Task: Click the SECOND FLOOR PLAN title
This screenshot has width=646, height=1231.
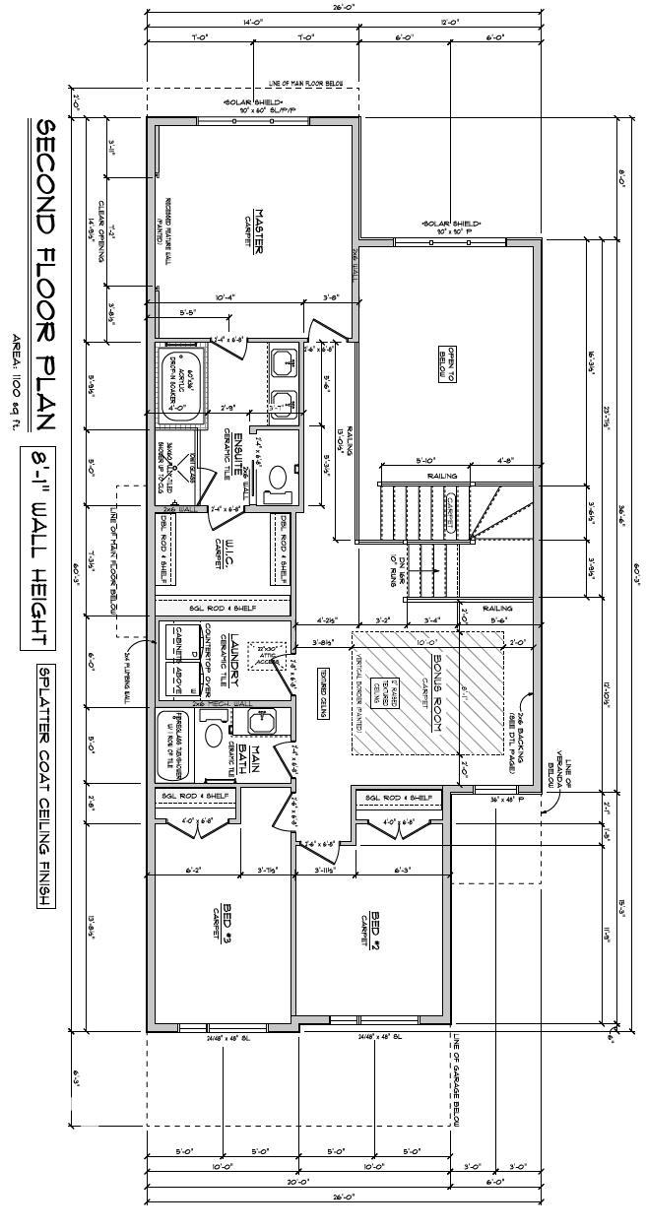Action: pyautogui.click(x=44, y=276)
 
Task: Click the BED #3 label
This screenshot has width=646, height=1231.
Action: pyautogui.click(x=226, y=922)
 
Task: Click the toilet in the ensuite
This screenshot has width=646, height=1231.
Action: pyautogui.click(x=277, y=479)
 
